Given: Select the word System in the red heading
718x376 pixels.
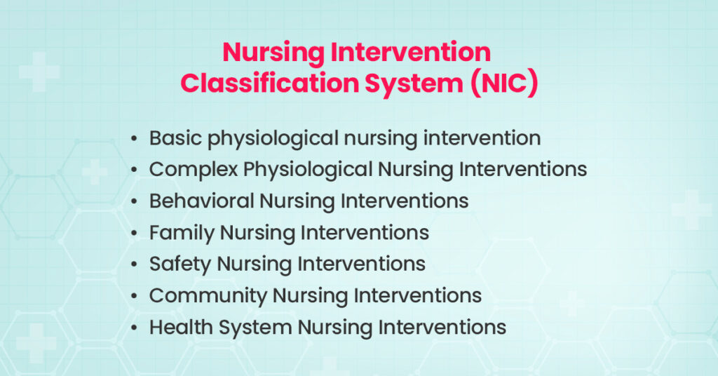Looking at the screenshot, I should tap(415, 82).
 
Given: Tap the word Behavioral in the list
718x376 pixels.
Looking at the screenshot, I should tap(201, 201).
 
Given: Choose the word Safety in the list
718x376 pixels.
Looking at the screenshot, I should tap(179, 264).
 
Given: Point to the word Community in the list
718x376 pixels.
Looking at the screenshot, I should tap(208, 295).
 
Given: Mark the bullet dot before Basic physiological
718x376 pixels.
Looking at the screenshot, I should tap(133, 139).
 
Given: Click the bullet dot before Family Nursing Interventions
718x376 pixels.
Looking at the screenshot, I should tap(133, 233).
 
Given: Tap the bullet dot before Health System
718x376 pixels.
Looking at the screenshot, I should tap(133, 328).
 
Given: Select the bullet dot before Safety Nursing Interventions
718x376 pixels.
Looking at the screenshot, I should tap(133, 264).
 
